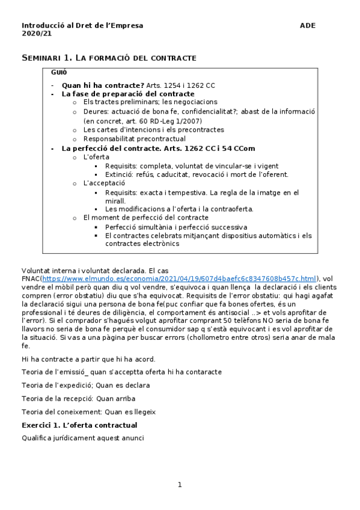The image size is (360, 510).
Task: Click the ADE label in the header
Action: pyautogui.click(x=307, y=25)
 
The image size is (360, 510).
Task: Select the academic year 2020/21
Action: pyautogui.click(x=32, y=34)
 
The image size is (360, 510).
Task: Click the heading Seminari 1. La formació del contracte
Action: pyautogui.click(x=109, y=58)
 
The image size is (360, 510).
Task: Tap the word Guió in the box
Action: pyautogui.click(x=59, y=72)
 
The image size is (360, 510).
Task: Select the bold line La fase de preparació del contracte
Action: pyautogui.click(x=128, y=94)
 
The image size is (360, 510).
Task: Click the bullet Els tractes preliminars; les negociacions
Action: pyautogui.click(x=150, y=102)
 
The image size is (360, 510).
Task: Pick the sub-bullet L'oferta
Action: pyautogui.click(x=96, y=157)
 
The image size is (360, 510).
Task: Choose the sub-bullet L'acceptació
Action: pyautogui.click(x=104, y=183)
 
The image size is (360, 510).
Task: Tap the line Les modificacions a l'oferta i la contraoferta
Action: pyautogui.click(x=179, y=209)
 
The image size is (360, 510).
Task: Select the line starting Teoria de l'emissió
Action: pyautogui.click(x=121, y=372)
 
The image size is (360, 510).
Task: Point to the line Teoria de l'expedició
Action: pyautogui.click(x=85, y=385)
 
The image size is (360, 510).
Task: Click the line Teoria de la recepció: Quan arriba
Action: pyautogui.click(x=78, y=398)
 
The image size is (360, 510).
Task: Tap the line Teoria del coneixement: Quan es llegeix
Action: pyautogui.click(x=88, y=412)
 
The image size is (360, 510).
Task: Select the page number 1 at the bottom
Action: pyautogui.click(x=179, y=485)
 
